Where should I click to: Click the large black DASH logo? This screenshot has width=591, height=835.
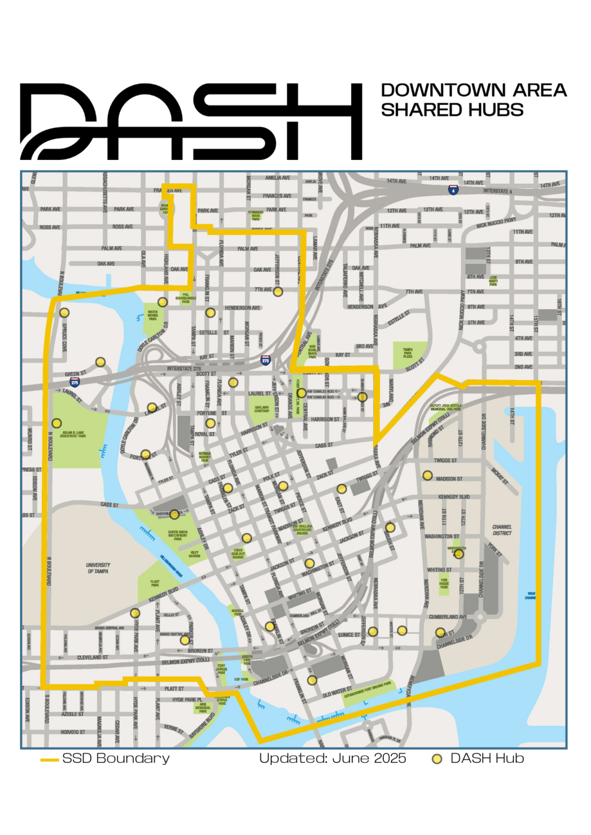190,121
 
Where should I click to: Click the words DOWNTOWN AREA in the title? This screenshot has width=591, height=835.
473,90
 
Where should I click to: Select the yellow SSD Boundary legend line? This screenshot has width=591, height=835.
50,759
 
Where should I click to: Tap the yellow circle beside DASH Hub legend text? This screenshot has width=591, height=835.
436,759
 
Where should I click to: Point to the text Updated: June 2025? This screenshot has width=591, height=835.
333,758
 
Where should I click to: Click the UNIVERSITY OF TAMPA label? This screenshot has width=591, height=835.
98,568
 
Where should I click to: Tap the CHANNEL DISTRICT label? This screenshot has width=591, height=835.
502,530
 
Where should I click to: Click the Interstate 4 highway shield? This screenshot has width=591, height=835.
453,190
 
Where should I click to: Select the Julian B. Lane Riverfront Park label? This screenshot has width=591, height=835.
73,434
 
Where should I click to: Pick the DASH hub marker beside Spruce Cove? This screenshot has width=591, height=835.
64,313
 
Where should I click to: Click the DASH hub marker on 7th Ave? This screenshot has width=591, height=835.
278,292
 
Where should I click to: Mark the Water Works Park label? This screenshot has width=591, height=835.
153,316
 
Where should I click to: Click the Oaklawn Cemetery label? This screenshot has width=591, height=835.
262,409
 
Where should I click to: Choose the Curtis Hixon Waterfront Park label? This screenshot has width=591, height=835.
178,535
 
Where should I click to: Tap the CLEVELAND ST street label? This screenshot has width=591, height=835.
93,657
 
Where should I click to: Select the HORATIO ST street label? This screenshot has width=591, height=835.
73,732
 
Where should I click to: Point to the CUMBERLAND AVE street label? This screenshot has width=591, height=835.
447,617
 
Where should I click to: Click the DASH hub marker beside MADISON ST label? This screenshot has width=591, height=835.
428,476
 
